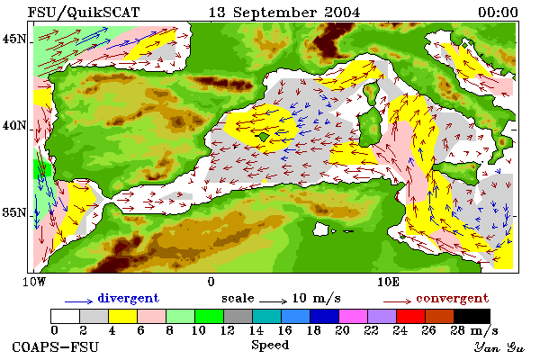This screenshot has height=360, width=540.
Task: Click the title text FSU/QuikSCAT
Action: (x=84, y=13)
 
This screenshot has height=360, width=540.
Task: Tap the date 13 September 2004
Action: (x=284, y=13)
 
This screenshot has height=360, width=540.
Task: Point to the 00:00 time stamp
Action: (x=498, y=13)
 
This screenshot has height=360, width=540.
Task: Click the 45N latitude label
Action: (x=13, y=39)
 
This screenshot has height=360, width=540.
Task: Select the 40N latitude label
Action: (x=13, y=125)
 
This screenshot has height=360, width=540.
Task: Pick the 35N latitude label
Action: (x=13, y=212)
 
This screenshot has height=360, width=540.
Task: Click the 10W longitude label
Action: (x=34, y=282)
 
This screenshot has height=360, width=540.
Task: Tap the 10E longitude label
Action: (x=389, y=282)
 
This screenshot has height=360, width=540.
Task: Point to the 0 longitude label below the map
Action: (x=211, y=282)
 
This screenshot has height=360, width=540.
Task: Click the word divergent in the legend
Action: (x=128, y=298)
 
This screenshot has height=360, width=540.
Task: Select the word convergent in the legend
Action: (x=452, y=298)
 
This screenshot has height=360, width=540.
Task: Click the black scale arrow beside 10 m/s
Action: (x=273, y=301)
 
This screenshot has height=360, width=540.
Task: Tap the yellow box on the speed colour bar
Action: (x=122, y=316)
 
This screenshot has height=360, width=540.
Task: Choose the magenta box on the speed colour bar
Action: (x=354, y=316)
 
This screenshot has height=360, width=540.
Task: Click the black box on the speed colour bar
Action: (x=472, y=316)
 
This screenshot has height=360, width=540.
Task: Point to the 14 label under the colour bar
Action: (x=256, y=330)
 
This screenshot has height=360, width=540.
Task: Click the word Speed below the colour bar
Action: (x=270, y=346)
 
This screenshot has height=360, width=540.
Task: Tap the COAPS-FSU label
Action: (x=55, y=346)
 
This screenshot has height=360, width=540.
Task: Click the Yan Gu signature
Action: (x=499, y=347)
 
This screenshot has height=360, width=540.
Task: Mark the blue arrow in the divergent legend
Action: (x=78, y=301)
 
